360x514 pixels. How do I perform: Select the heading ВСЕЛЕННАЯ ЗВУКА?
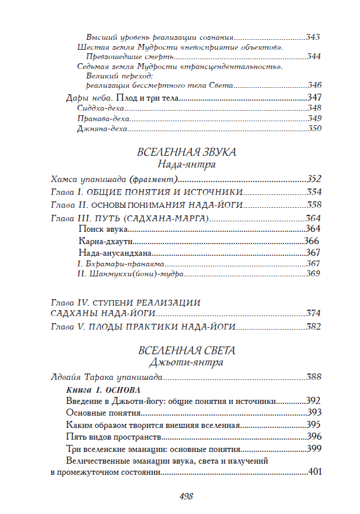point(186,152)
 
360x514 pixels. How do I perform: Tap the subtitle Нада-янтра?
point(186,165)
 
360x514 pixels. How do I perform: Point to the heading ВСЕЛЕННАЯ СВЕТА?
point(186,351)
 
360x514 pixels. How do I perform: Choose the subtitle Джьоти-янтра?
point(186,363)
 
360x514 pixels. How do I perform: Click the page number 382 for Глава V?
point(314,325)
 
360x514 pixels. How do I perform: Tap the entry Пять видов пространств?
point(114,437)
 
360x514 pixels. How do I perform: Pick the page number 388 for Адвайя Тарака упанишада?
point(314,377)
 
